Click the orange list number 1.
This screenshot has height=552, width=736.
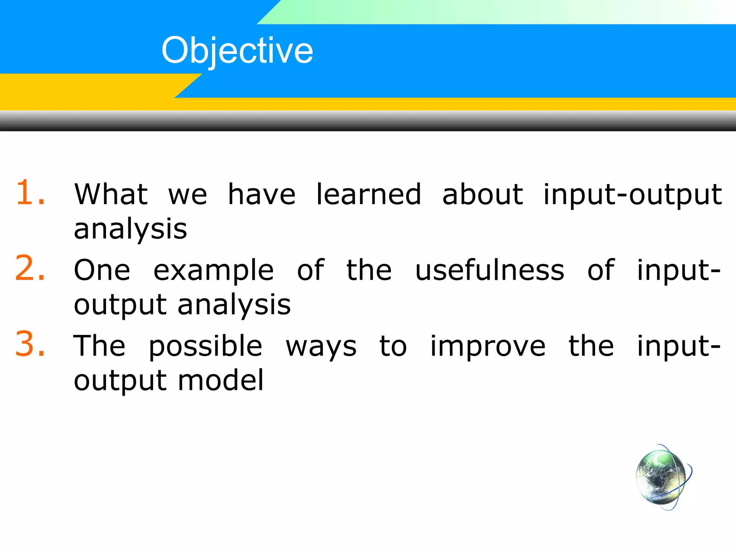[30, 193]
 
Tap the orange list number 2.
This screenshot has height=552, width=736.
[30, 268]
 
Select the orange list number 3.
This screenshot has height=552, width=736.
[30, 344]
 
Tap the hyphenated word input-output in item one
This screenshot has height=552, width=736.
[632, 195]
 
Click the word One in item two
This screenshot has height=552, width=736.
[102, 270]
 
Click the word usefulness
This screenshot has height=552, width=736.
[489, 270]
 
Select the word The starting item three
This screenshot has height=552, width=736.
[100, 346]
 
